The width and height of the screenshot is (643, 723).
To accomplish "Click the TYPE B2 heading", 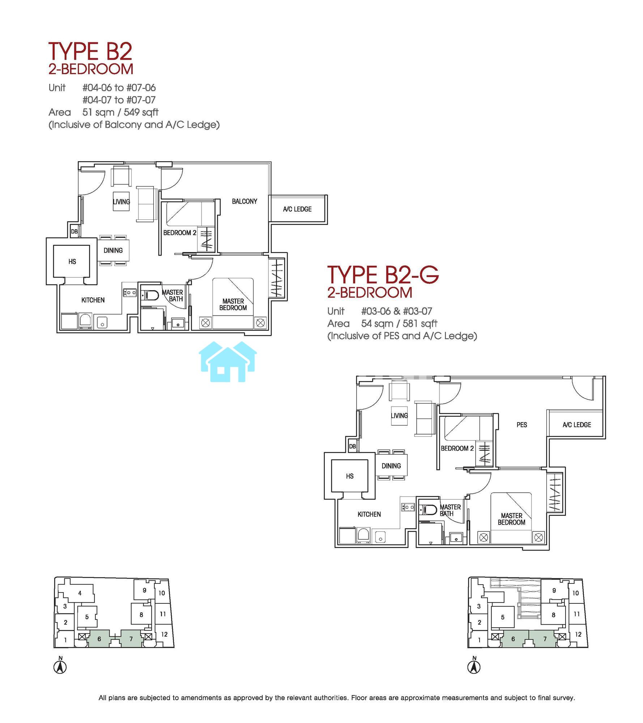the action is pyautogui.click(x=90, y=51).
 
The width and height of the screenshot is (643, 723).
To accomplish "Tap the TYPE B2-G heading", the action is pyautogui.click(x=383, y=274).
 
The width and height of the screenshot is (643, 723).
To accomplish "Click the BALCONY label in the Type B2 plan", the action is pyautogui.click(x=244, y=201).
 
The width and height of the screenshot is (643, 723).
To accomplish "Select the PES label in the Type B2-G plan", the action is pyautogui.click(x=521, y=425).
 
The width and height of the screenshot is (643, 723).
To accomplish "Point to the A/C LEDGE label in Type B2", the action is pyautogui.click(x=297, y=209).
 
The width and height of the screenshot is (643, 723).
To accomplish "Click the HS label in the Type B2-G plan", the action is pyautogui.click(x=350, y=476).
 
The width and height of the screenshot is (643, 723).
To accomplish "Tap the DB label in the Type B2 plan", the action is pyautogui.click(x=74, y=231).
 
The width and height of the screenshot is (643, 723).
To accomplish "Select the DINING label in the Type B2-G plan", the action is pyautogui.click(x=391, y=466).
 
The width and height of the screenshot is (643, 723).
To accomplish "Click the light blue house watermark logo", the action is pyautogui.click(x=228, y=361).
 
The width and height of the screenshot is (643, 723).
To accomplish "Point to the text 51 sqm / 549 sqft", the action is pyautogui.click(x=120, y=112).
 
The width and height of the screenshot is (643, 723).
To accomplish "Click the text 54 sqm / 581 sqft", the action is pyautogui.click(x=399, y=324).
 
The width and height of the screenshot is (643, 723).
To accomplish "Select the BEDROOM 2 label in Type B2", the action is pyautogui.click(x=180, y=233).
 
